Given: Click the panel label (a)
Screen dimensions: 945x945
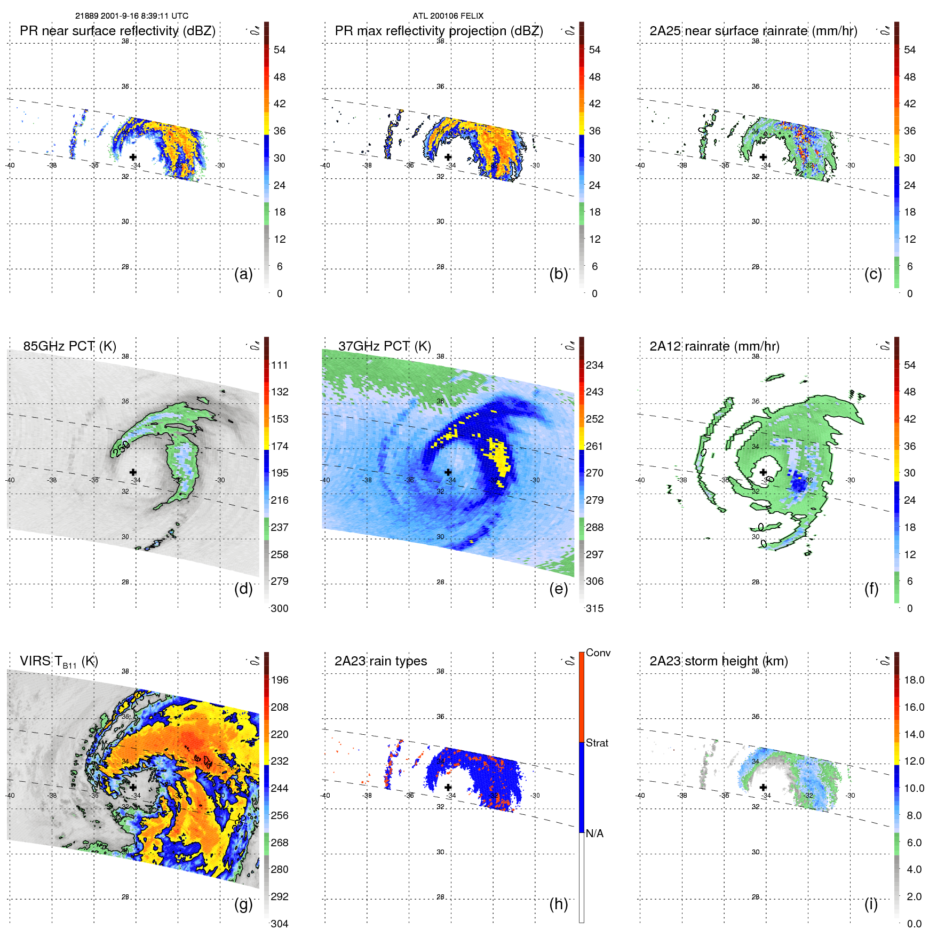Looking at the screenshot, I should [x=243, y=274].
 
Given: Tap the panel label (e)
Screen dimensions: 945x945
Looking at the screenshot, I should [x=558, y=589].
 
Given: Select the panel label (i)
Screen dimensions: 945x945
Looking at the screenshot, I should [x=871, y=904].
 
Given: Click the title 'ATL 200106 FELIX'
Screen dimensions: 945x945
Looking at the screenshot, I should [x=448, y=16].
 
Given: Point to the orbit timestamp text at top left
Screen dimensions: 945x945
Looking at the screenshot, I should [x=132, y=16].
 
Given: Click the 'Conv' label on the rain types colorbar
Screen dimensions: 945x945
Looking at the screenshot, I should [x=598, y=653].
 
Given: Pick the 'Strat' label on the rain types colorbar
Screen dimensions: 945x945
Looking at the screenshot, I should [x=597, y=743].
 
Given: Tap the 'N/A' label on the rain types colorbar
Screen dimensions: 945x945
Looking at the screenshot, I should [x=594, y=833].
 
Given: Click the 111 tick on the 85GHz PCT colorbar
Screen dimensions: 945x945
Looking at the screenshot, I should [x=280, y=365].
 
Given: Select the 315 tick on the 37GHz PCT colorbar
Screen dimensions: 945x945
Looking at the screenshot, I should [x=594, y=608].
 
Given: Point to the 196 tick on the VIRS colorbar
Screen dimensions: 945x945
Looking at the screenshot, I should [x=280, y=680].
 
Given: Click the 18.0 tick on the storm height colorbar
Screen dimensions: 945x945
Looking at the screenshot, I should [x=914, y=680].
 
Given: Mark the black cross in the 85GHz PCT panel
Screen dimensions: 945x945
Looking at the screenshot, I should [x=133, y=472].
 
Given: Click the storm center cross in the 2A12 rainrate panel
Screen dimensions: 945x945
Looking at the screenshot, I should [x=763, y=472].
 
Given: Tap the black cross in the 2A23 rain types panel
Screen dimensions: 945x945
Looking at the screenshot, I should [x=448, y=787].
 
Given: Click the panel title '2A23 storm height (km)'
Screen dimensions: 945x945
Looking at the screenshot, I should [x=718, y=661].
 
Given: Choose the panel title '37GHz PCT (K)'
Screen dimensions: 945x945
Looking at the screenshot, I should [x=384, y=346].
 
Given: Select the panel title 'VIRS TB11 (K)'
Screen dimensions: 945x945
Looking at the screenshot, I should [x=59, y=662].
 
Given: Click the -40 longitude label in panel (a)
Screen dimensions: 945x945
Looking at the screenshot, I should [x=10, y=165].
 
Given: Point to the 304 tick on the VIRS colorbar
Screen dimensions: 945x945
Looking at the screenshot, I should [x=280, y=924].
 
